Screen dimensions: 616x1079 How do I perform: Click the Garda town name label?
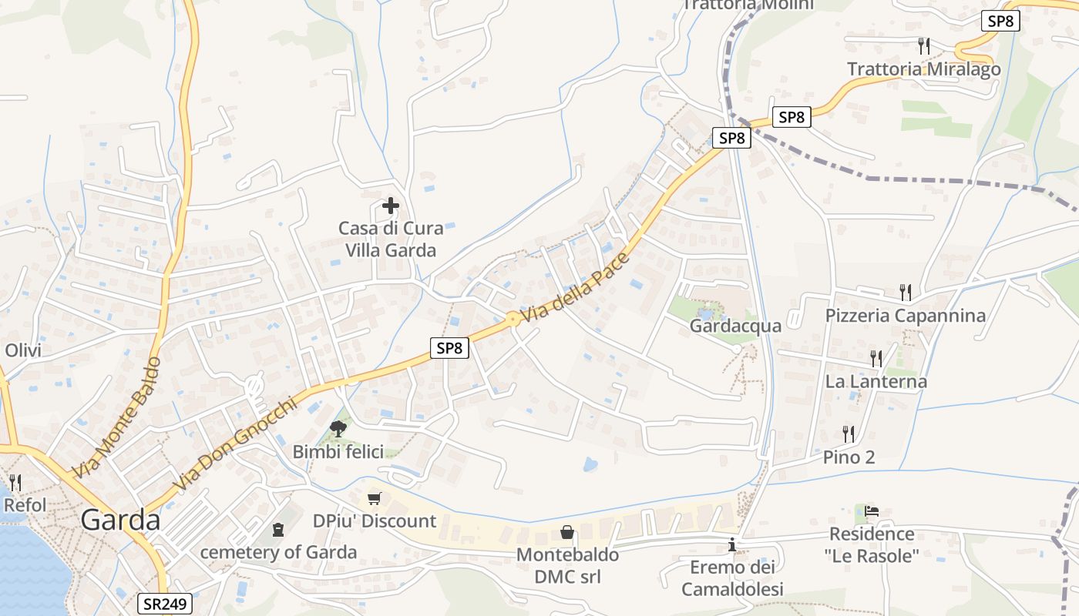120,521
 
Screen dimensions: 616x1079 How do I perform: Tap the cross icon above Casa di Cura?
391,206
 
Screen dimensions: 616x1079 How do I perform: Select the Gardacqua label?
735,326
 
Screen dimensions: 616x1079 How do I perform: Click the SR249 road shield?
165,604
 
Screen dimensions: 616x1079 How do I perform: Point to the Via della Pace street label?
576,287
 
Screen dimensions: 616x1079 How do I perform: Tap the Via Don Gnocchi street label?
235,444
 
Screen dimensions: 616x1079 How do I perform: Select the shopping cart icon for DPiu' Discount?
375,498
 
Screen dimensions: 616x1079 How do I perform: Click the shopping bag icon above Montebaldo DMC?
567,532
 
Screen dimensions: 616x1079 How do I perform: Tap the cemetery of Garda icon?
277,530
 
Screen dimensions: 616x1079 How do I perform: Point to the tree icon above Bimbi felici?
338,428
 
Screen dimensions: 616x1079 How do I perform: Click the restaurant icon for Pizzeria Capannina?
906,293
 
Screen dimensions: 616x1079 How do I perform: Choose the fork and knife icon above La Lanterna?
876,359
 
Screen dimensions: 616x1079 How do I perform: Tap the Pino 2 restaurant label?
849,457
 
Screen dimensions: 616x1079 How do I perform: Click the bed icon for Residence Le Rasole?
872,511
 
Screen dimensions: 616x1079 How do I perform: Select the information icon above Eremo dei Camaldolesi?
732,546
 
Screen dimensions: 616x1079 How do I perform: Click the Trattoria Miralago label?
924,69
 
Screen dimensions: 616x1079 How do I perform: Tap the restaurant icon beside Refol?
15,483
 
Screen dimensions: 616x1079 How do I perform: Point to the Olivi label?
23,351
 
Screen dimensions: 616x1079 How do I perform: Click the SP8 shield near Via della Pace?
449,348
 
